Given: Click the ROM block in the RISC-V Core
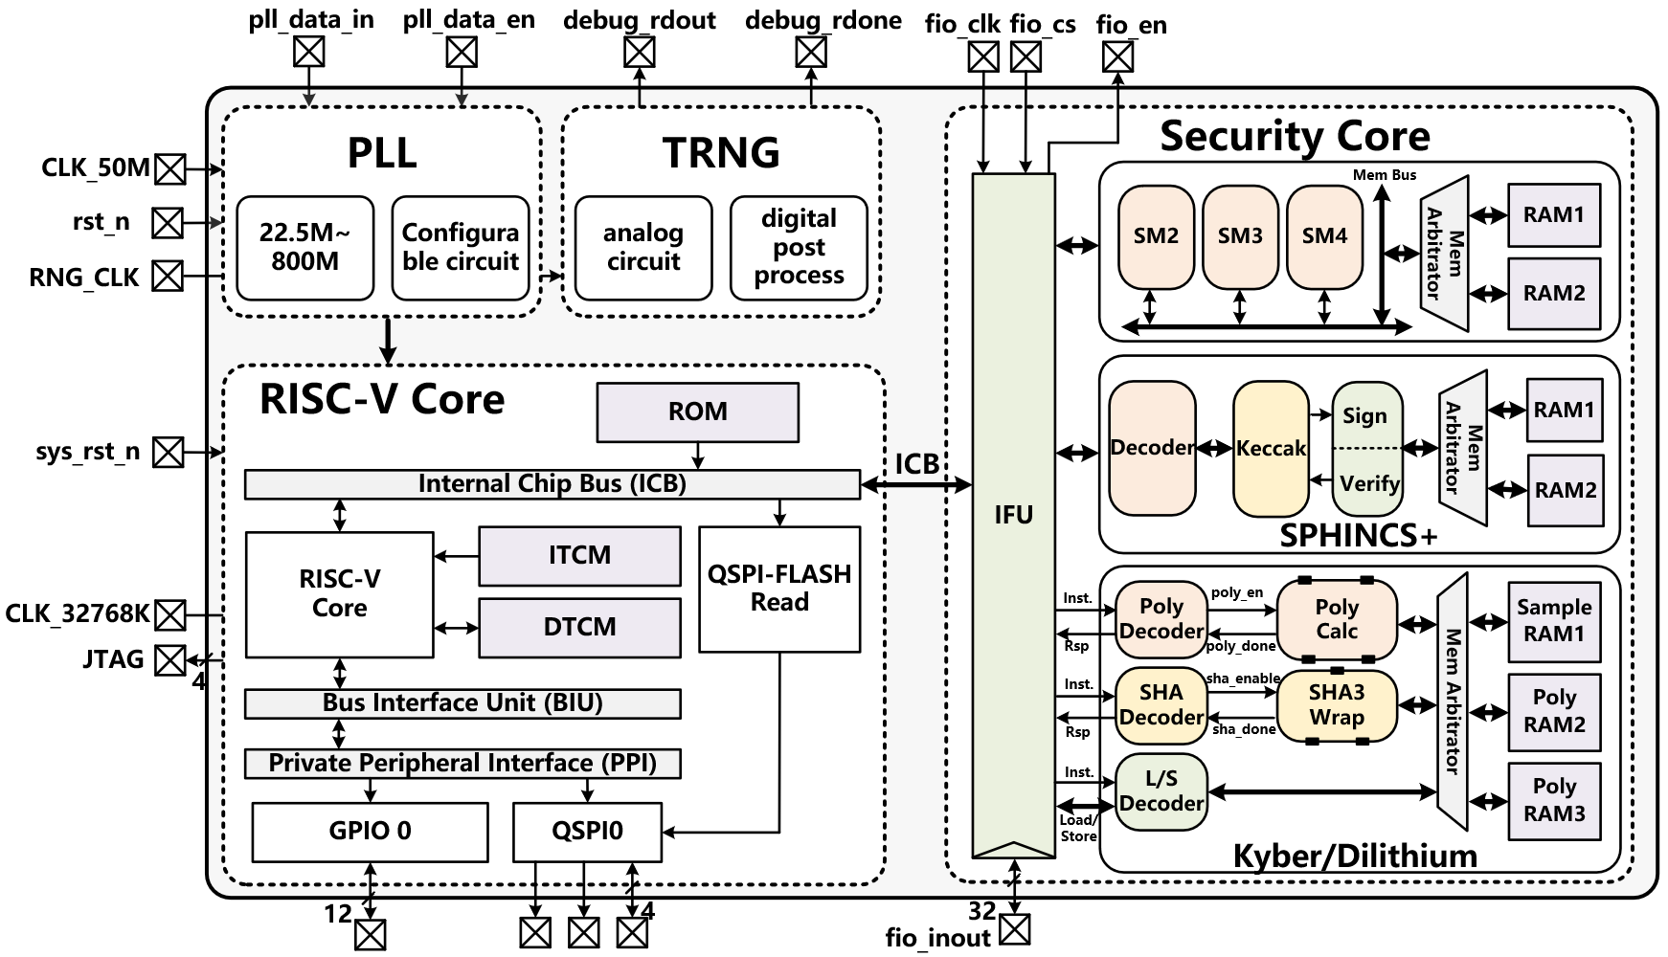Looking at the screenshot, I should click(x=697, y=412).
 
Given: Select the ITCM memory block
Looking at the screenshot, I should click(x=579, y=556).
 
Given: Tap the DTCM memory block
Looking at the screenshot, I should click(x=579, y=628).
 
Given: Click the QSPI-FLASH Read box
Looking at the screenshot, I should click(x=779, y=589).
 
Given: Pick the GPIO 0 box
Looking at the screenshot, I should click(x=370, y=832).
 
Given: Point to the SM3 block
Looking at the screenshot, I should click(x=1240, y=236).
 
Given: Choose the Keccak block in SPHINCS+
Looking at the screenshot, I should click(x=1271, y=449).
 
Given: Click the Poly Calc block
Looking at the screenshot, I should click(x=1337, y=619).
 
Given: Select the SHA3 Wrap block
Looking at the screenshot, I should click(x=1337, y=705).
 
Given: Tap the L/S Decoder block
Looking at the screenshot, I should click(x=1161, y=791).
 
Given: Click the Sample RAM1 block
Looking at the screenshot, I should click(x=1554, y=621).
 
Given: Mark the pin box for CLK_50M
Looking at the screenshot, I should click(x=170, y=169).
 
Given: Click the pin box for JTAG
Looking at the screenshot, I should click(x=170, y=660).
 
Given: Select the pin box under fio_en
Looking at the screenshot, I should click(x=1117, y=57).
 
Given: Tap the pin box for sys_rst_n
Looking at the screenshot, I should click(x=169, y=452).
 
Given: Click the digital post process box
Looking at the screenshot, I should click(x=799, y=248).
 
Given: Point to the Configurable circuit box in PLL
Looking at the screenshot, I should click(x=461, y=248).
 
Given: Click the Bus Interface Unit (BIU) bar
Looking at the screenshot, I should click(x=462, y=703).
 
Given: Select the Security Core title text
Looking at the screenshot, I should click(x=1295, y=137).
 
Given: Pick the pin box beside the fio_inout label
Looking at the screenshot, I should click(x=1015, y=929).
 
